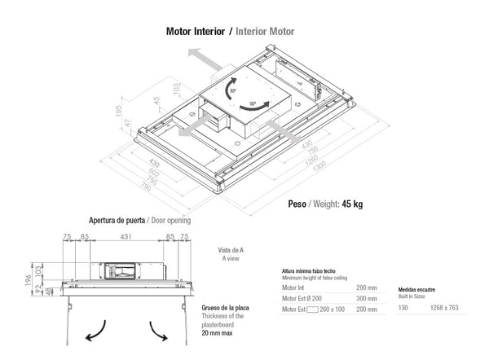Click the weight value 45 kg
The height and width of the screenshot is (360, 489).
point(353,204)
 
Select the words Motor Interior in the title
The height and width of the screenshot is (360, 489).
point(195,32)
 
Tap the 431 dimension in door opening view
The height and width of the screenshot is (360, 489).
point(126,238)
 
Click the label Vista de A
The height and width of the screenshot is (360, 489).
point(232,249)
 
